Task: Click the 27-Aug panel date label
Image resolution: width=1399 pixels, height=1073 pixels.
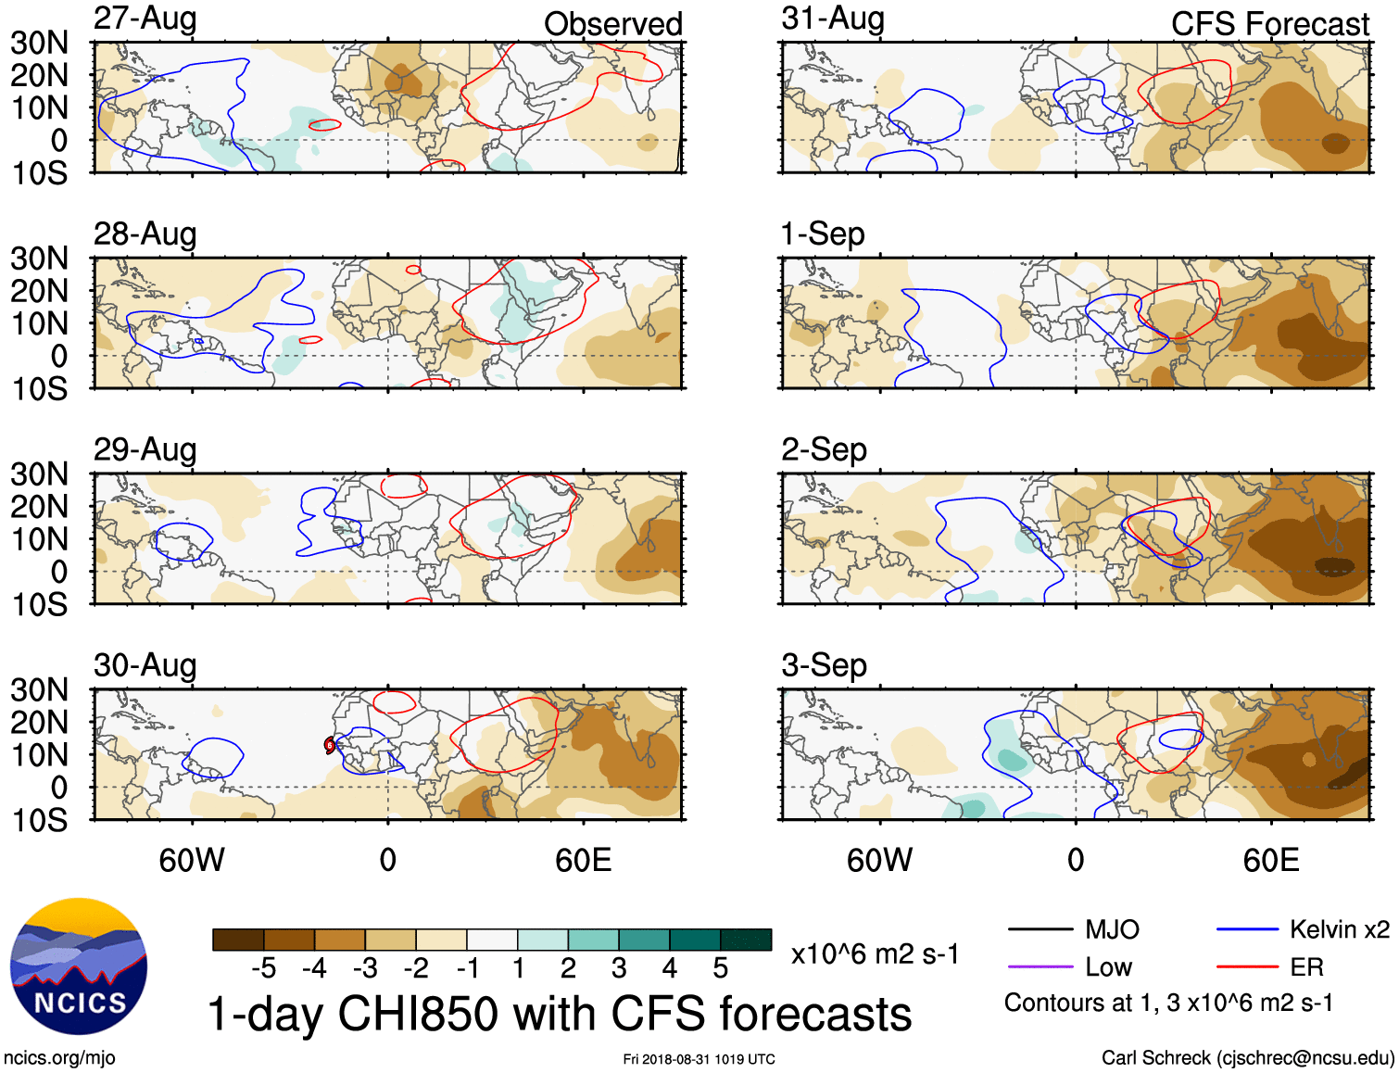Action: (145, 19)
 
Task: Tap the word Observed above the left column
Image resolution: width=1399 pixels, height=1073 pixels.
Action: (612, 24)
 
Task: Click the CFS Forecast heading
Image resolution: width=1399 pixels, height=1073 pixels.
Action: (1269, 24)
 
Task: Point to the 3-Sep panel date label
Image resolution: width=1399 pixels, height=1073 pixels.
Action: (824, 665)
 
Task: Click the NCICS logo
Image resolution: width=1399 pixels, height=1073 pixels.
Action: (79, 966)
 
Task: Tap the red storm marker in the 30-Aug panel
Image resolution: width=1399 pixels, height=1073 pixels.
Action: (329, 745)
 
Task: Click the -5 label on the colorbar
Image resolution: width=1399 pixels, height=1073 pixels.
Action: (263, 968)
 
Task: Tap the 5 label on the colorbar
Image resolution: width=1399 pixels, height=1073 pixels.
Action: (721, 968)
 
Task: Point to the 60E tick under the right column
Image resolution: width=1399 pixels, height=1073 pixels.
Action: (1270, 860)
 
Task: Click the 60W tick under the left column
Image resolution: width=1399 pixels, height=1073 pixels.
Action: (192, 860)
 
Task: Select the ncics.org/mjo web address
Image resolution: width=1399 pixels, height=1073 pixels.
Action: (59, 1057)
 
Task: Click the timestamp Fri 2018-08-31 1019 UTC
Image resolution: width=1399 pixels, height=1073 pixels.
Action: (699, 1059)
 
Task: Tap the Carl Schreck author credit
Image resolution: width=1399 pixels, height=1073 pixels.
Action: (1247, 1057)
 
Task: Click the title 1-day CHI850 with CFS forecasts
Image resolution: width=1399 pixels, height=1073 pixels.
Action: (559, 1014)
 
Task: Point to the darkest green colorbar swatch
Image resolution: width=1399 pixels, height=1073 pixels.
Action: (746, 940)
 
